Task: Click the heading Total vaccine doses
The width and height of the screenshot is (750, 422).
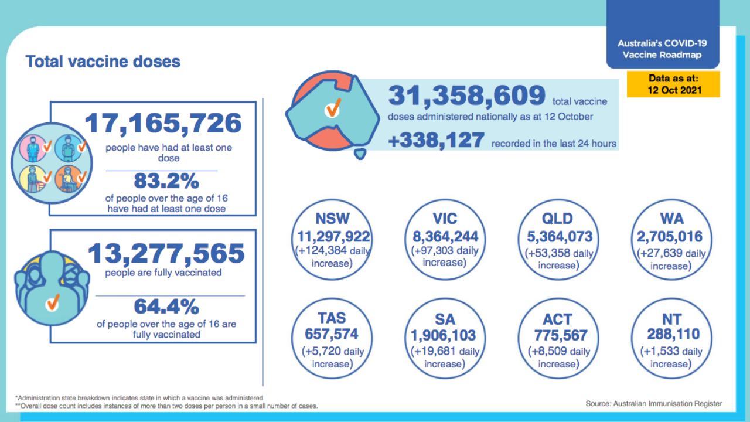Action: [x=103, y=62]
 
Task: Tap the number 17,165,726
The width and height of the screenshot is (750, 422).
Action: [x=163, y=123]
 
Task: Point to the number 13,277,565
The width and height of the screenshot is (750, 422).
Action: [x=166, y=253]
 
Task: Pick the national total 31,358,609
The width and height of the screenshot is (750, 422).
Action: [x=466, y=96]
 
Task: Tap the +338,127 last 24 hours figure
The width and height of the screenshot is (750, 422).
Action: [x=437, y=141]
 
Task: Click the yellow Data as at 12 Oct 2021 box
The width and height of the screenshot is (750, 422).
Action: [x=673, y=84]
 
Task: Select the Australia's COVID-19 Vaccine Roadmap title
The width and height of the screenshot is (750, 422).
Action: [x=662, y=49]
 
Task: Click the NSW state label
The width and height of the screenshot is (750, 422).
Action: [x=332, y=219]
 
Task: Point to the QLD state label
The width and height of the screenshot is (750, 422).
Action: [x=557, y=219]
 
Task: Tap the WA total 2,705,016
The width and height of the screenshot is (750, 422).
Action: [x=670, y=237]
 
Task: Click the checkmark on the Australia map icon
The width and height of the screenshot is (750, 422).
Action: [x=333, y=108]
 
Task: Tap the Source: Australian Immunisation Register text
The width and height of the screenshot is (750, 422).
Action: [x=654, y=403]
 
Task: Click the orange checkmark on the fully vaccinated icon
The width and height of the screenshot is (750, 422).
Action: [x=53, y=302]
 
